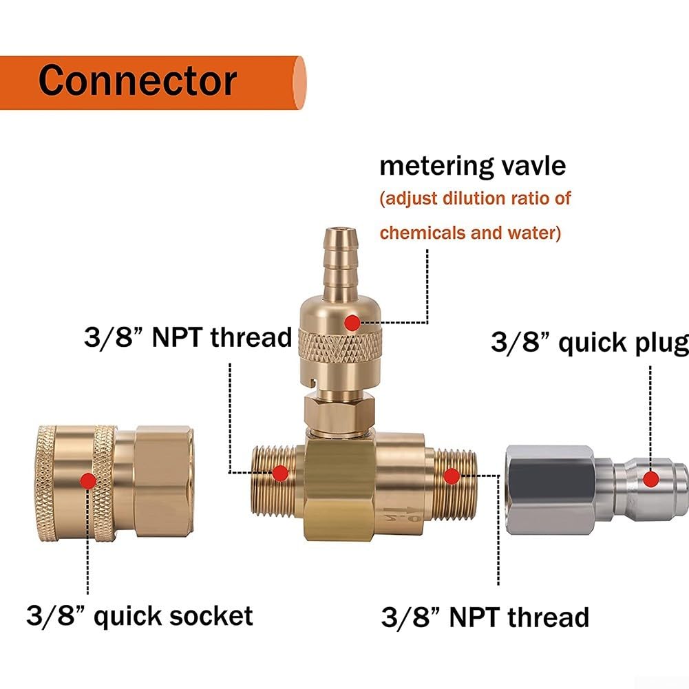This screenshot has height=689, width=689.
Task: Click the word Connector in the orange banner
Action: pos(138,81)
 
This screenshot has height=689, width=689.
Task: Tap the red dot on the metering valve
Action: pos(352,323)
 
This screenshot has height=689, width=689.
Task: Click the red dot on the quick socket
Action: pos(88,480)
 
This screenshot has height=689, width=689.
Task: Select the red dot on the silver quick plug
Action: pos(650,478)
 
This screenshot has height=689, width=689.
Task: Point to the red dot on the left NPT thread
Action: pos(280,474)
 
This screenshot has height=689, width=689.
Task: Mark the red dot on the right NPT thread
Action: pos(452,476)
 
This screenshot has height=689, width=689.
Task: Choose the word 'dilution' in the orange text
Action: pos(473,198)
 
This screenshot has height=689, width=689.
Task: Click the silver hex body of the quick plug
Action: pos(550,490)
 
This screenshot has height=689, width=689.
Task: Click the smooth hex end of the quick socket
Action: pos(163,480)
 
